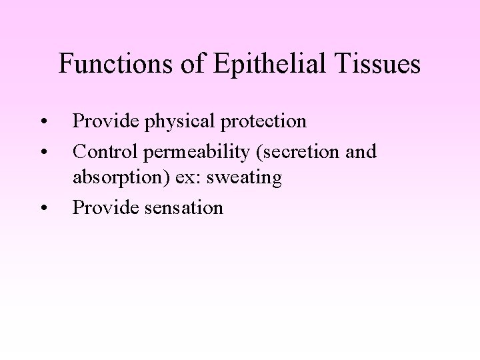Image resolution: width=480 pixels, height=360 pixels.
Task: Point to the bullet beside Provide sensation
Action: point(43,209)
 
